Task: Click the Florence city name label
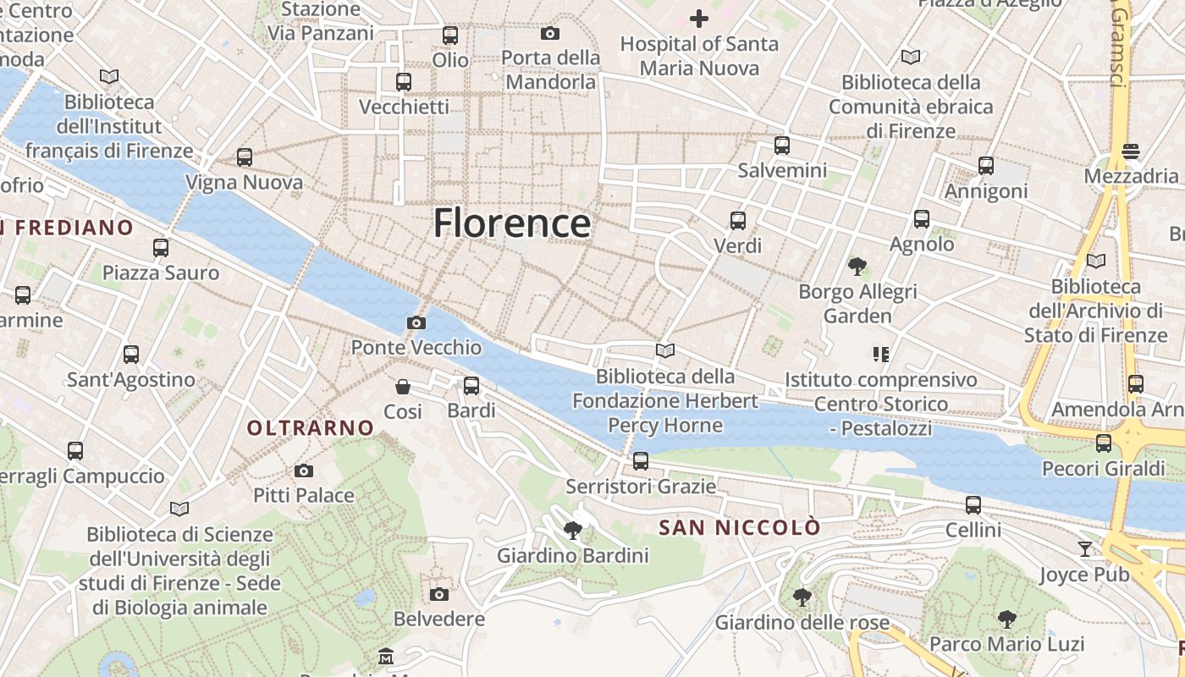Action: click(511, 223)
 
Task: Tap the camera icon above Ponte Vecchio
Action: click(416, 322)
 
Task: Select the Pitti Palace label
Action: click(304, 495)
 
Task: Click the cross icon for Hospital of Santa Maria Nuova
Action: click(699, 18)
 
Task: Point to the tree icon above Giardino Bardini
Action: click(573, 531)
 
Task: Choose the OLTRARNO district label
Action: click(311, 428)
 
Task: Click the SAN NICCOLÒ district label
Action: click(740, 528)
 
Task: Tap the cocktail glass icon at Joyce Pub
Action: click(1085, 549)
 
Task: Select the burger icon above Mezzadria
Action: click(1132, 151)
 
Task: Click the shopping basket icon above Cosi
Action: click(403, 387)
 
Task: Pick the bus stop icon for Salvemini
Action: click(782, 146)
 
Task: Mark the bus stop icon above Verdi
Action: click(738, 221)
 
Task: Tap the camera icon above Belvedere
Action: click(438, 594)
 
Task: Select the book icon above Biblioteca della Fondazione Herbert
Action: click(665, 350)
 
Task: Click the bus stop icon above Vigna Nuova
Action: click(245, 157)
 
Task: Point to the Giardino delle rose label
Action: click(802, 623)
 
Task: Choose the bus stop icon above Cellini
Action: click(973, 505)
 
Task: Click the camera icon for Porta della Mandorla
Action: click(550, 34)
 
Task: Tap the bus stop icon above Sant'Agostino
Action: click(131, 355)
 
